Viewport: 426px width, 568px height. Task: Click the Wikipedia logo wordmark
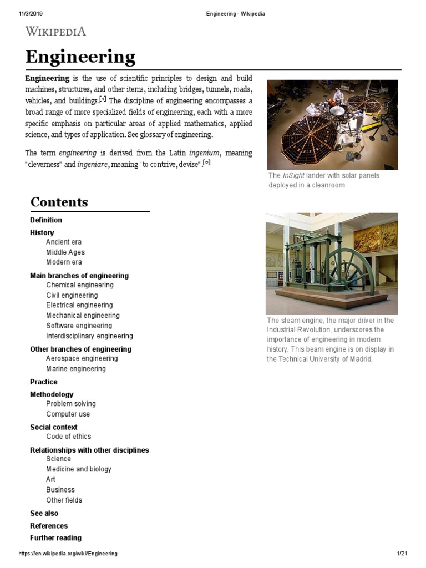(x=55, y=31)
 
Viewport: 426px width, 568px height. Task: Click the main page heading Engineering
(x=80, y=57)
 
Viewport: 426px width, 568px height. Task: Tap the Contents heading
(x=59, y=202)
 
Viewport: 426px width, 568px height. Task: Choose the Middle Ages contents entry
(x=65, y=252)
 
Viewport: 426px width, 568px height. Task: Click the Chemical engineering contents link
(x=80, y=285)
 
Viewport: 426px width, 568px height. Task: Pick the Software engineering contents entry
(x=79, y=326)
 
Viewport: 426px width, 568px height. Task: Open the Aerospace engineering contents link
(x=82, y=359)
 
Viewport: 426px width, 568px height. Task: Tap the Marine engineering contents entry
(x=76, y=369)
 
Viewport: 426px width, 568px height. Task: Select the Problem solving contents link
(x=71, y=404)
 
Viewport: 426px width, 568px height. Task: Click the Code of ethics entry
(x=69, y=437)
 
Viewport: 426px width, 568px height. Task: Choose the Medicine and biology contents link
(x=79, y=469)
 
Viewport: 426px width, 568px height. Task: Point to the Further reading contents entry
(x=55, y=538)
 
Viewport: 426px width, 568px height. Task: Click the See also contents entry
(x=44, y=514)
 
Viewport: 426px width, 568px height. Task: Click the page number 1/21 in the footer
(x=402, y=554)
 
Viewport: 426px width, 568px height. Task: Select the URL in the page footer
(x=68, y=554)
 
